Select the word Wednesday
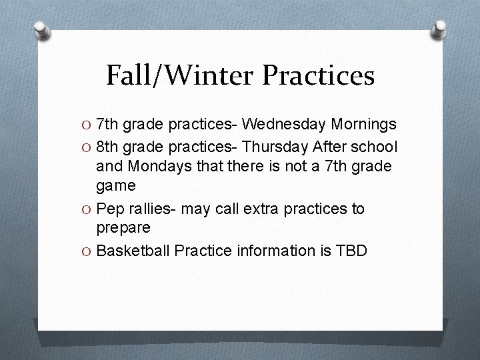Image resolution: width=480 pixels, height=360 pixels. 283,125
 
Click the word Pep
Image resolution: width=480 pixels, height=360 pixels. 110,209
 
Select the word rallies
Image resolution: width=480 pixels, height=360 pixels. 148,209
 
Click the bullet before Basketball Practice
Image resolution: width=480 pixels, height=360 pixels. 87,251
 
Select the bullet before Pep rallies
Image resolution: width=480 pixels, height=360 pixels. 87,209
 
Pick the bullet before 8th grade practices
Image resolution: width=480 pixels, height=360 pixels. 87,146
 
